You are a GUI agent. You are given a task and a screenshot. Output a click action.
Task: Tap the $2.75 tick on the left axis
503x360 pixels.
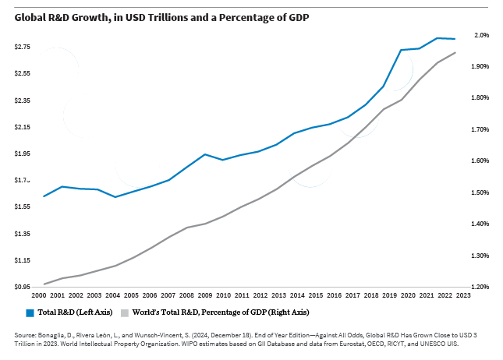pyautogui.click(x=23, y=48)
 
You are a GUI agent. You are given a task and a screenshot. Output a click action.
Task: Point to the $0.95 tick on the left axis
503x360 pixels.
pyautogui.click(x=23, y=287)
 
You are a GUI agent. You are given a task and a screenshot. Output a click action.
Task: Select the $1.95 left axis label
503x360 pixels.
pyautogui.click(x=23, y=154)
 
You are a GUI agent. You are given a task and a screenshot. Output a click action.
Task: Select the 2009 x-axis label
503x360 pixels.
pyautogui.click(x=204, y=296)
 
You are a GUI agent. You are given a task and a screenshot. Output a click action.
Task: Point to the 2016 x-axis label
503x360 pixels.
pyautogui.click(x=333, y=296)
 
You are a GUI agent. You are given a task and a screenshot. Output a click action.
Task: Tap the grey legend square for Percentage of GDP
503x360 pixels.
pyautogui.click(x=124, y=312)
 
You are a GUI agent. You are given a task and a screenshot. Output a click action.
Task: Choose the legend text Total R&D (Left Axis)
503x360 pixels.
pyautogui.click(x=75, y=312)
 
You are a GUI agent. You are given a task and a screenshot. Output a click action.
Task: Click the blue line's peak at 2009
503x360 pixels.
pyautogui.click(x=204, y=154)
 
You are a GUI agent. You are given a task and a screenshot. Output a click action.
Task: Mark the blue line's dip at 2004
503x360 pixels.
pyautogui.click(x=115, y=197)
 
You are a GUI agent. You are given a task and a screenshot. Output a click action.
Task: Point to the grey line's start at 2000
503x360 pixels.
pyautogui.click(x=44, y=284)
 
